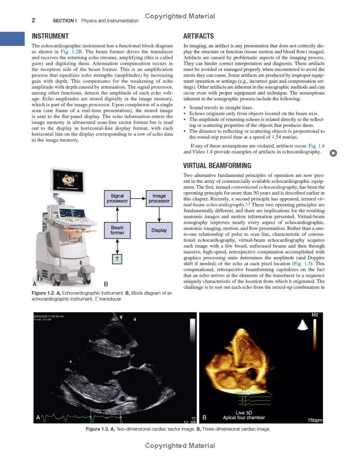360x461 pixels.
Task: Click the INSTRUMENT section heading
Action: click(x=50, y=36)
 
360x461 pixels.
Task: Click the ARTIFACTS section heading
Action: click(x=199, y=36)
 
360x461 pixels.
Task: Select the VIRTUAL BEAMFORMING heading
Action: click(x=217, y=166)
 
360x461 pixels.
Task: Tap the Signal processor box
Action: click(x=117, y=199)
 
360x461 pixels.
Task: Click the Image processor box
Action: click(x=159, y=199)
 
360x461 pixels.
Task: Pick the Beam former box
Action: click(x=117, y=230)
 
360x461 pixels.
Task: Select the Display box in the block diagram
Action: click(x=159, y=230)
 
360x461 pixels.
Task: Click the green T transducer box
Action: click(x=117, y=259)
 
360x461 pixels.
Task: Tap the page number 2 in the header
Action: click(x=33, y=20)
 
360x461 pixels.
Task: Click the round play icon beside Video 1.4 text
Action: click(x=333, y=153)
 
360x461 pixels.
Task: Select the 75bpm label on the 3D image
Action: click(x=314, y=420)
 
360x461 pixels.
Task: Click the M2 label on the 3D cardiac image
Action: click(x=315, y=315)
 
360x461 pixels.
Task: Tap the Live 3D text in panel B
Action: click(x=243, y=412)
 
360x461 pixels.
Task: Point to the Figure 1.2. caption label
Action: click(x=45, y=293)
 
